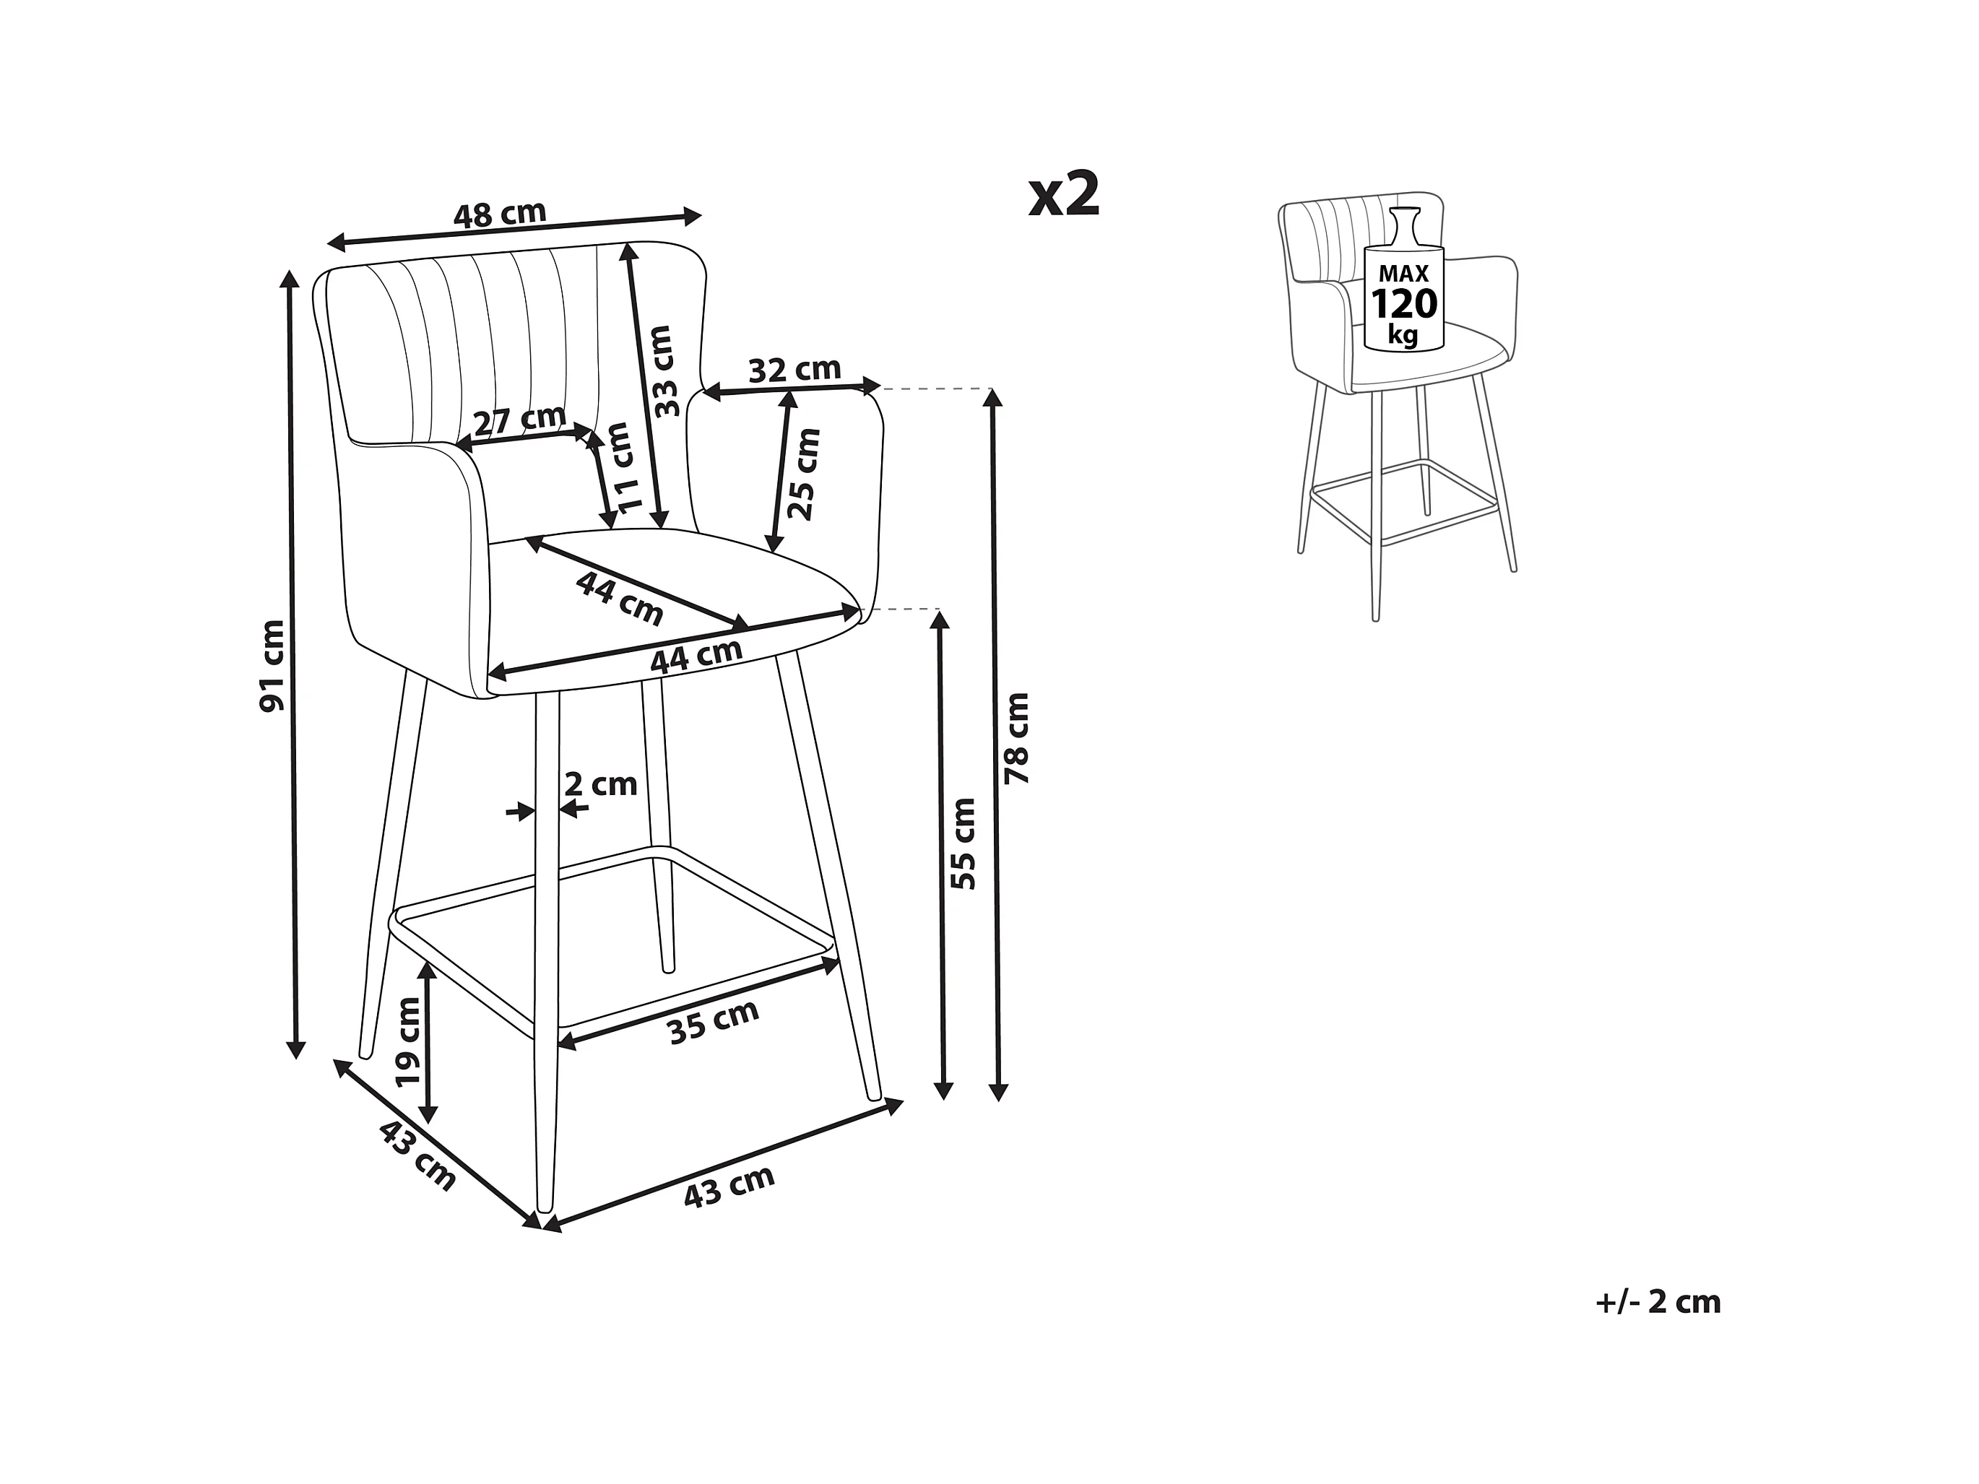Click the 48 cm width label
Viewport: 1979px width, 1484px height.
click(499, 214)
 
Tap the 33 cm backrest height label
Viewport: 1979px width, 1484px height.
click(663, 370)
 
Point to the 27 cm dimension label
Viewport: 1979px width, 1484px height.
click(520, 419)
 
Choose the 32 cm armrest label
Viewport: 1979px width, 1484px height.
click(794, 370)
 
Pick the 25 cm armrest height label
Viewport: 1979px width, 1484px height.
click(802, 474)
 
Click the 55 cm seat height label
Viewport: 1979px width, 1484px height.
click(963, 843)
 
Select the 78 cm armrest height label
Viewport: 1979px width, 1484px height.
click(1017, 738)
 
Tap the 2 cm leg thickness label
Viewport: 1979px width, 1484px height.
click(600, 784)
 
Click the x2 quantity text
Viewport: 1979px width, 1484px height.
click(1064, 194)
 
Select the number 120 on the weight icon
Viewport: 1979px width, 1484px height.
click(1404, 304)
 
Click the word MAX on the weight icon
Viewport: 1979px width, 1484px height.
click(1403, 274)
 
